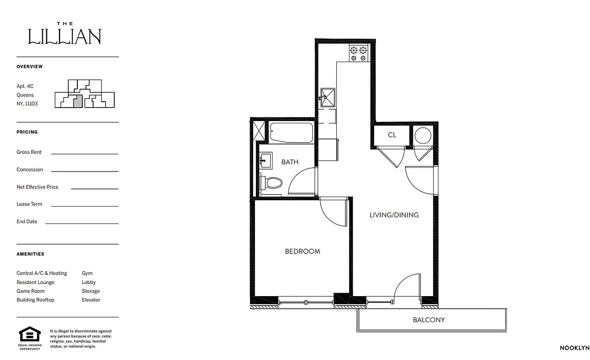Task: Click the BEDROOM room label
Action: coord(302,251)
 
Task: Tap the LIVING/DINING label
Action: coord(394,215)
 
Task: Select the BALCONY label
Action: coord(429,320)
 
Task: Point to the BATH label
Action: coord(290,162)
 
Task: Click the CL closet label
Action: coord(392,135)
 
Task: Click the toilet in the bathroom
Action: coord(271,183)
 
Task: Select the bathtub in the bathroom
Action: coord(291,132)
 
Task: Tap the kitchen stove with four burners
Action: coord(359,54)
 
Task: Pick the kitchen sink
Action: coord(327,98)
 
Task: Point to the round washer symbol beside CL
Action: coord(423,135)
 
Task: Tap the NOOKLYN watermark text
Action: coord(574,348)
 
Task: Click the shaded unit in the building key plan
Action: coord(78,101)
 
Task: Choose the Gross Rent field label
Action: coord(29,152)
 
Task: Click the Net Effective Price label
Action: coord(37,187)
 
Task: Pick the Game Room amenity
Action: coord(31,291)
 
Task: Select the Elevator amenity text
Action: coord(91,300)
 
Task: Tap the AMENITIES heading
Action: coord(31,254)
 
